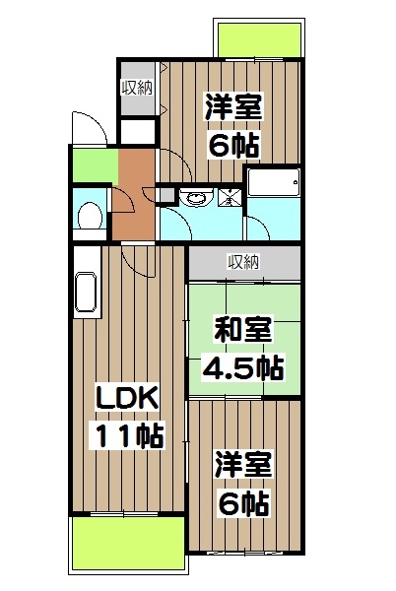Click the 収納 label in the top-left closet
point(137,87)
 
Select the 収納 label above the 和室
point(243,261)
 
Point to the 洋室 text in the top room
point(232,106)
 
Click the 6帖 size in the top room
point(233,145)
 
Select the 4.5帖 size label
point(242,368)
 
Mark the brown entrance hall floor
point(131,192)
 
